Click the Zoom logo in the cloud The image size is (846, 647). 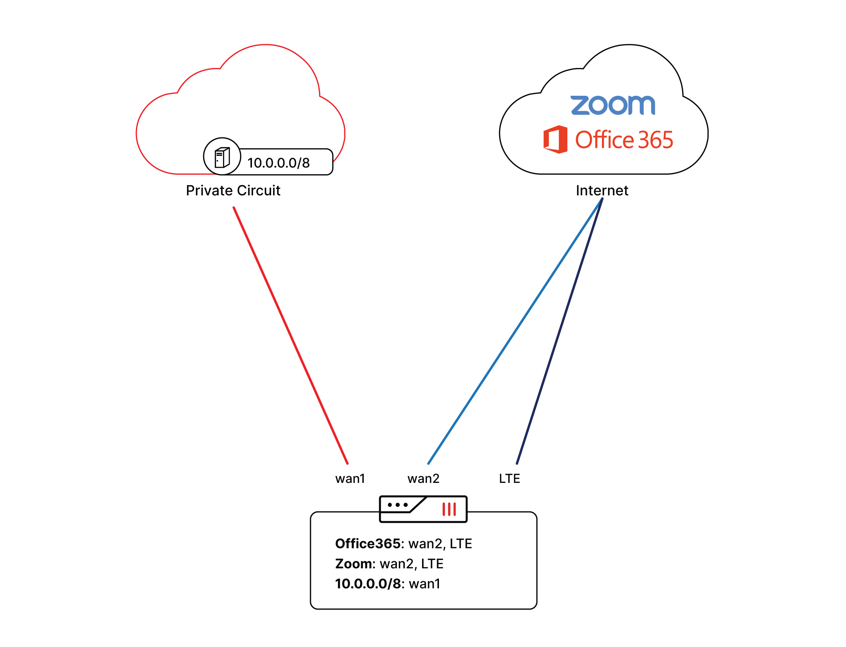pyautogui.click(x=612, y=106)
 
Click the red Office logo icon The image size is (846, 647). pyautogui.click(x=555, y=139)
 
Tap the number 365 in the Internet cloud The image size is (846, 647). pyautogui.click(x=655, y=140)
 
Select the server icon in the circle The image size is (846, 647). pyautogui.click(x=222, y=157)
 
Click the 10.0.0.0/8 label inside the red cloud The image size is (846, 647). pyautogui.click(x=278, y=163)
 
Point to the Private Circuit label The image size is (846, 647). pyautogui.click(x=233, y=191)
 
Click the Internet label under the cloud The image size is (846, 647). pyautogui.click(x=602, y=191)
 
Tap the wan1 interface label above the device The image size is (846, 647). pyautogui.click(x=350, y=479)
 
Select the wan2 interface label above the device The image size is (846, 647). pyautogui.click(x=423, y=479)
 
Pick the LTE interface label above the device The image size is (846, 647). pyautogui.click(x=510, y=479)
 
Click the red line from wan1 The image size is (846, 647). pyautogui.click(x=291, y=336)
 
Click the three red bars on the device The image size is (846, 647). pyautogui.click(x=449, y=509)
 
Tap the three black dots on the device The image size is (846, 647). pyautogui.click(x=397, y=505)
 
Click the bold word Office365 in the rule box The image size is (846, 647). pyautogui.click(x=368, y=544)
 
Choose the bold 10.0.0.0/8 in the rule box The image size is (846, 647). pyautogui.click(x=368, y=584)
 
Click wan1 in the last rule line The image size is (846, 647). pyautogui.click(x=424, y=584)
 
